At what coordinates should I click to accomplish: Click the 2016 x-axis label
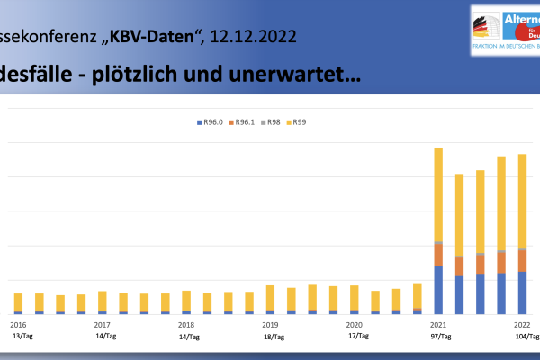point(18,324)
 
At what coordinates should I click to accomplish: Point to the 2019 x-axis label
point(270,324)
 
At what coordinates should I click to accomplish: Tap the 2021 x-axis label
point(438,324)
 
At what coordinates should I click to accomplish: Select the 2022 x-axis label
point(522,324)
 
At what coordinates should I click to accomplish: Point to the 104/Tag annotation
point(526,337)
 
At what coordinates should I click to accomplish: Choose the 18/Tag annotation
point(274,337)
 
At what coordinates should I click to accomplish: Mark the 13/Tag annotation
point(22,337)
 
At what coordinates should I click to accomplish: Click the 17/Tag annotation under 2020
point(358,337)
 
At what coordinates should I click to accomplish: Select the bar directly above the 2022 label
point(522,234)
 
